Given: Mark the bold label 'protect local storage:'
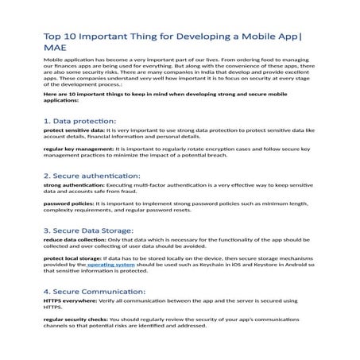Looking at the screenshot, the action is [x=72, y=258].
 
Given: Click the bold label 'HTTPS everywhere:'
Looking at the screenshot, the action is [x=68, y=300].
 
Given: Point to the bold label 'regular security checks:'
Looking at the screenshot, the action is [x=77, y=319].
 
